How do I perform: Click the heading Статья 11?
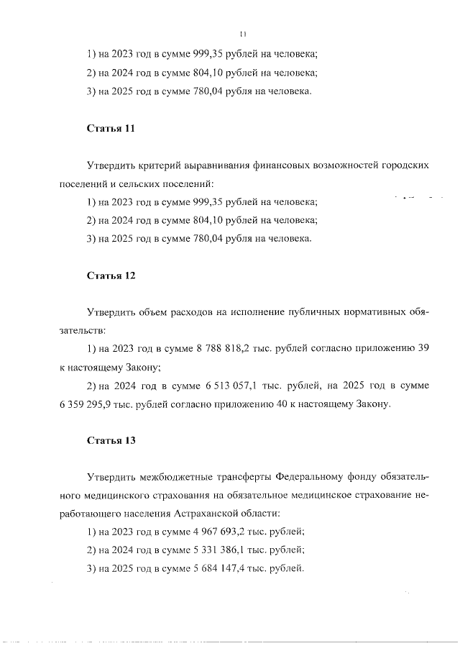tap(111, 129)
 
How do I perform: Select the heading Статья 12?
tap(111, 276)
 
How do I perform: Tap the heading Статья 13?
tap(111, 440)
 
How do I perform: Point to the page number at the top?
tap(243, 32)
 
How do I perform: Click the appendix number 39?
tap(423, 349)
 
